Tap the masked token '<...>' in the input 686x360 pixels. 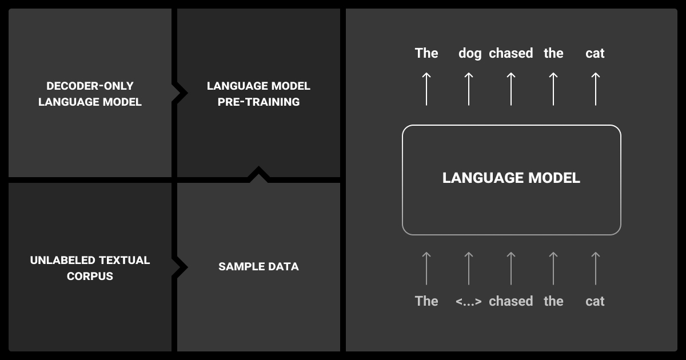[x=469, y=301]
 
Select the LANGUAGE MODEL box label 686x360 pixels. [x=511, y=178]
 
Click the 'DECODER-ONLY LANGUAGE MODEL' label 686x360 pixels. [x=90, y=94]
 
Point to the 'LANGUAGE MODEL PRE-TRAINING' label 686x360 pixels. [x=258, y=94]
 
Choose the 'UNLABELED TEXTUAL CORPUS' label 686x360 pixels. [x=90, y=268]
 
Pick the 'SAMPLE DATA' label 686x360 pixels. [x=258, y=266]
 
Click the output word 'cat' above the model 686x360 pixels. [x=595, y=54]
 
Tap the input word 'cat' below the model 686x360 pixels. [x=595, y=301]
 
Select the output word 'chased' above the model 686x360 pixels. [x=510, y=54]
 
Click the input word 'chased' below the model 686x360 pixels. [x=510, y=301]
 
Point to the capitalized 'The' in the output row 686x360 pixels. [x=426, y=54]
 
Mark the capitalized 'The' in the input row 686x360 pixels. [x=426, y=301]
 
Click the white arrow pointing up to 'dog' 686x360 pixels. [x=469, y=89]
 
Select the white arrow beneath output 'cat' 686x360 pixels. [x=595, y=89]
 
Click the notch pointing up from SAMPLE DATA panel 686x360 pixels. [x=258, y=174]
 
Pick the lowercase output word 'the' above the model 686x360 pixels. [x=553, y=54]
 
